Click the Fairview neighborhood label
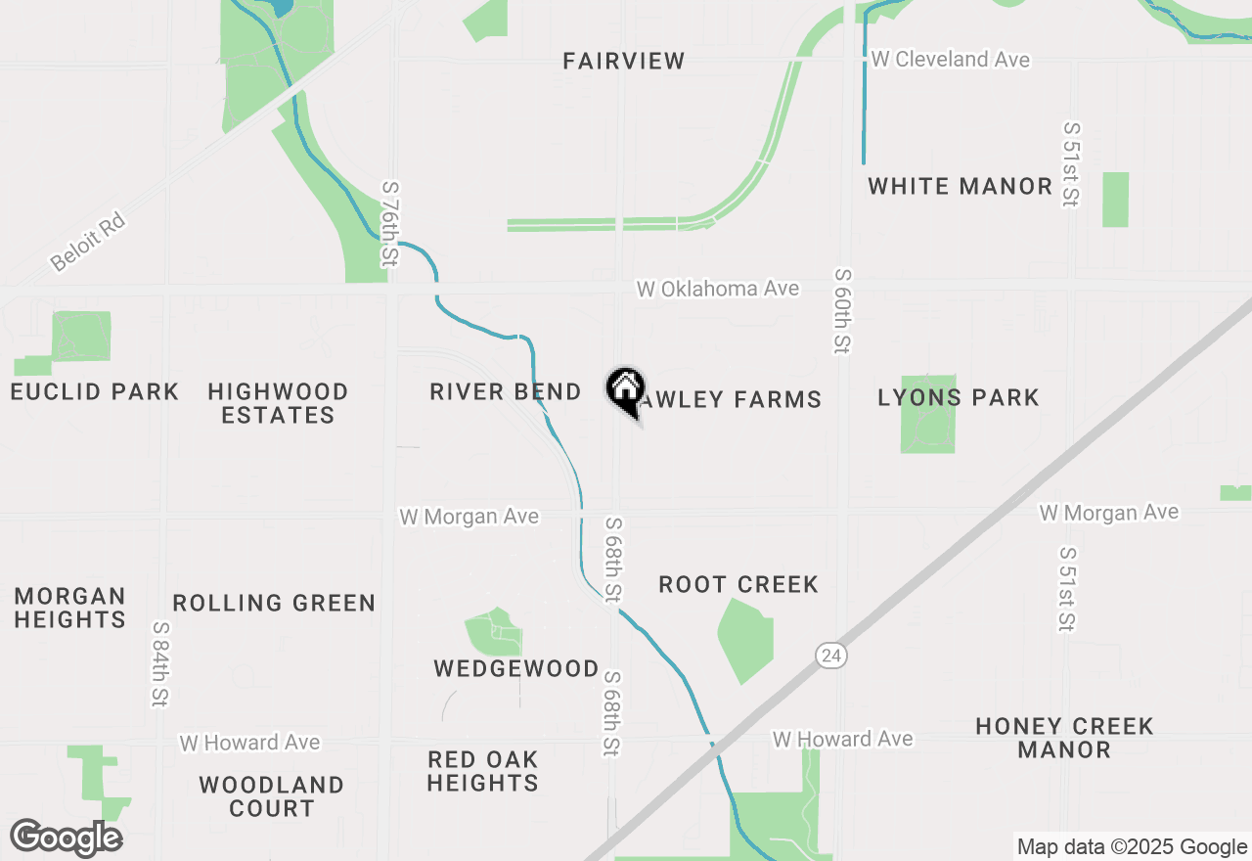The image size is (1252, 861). pyautogui.click(x=624, y=61)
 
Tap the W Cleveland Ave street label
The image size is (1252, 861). pyautogui.click(x=950, y=60)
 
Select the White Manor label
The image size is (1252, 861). pyautogui.click(x=960, y=186)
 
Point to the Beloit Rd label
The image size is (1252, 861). pyautogui.click(x=88, y=243)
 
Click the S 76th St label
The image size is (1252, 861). pyautogui.click(x=390, y=223)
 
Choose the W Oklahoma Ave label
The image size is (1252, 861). pyautogui.click(x=717, y=289)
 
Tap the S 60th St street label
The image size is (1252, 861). pyautogui.click(x=840, y=310)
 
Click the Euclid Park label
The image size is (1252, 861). pyautogui.click(x=94, y=392)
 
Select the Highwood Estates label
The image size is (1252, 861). pyautogui.click(x=278, y=403)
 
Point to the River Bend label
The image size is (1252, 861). pyautogui.click(x=505, y=392)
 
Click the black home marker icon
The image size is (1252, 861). pyautogui.click(x=625, y=390)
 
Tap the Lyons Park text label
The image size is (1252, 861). pyautogui.click(x=958, y=397)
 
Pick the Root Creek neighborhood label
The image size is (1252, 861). pyautogui.click(x=738, y=584)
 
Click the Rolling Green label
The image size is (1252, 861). pyautogui.click(x=274, y=603)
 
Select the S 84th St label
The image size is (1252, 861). pyautogui.click(x=159, y=664)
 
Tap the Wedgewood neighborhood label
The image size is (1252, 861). pyautogui.click(x=516, y=668)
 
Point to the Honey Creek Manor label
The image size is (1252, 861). pyautogui.click(x=1064, y=738)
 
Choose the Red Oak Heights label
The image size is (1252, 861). pyautogui.click(x=482, y=771)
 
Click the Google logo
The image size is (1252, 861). pyautogui.click(x=66, y=838)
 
